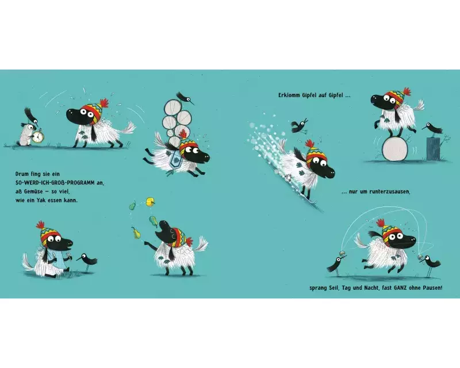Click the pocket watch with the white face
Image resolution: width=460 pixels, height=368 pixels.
[37, 137]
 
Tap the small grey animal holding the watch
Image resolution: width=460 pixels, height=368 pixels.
[25, 135]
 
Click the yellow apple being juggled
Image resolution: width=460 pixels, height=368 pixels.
[150, 202]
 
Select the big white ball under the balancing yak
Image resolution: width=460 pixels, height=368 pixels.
[394, 149]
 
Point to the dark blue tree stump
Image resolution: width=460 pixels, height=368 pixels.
[434, 148]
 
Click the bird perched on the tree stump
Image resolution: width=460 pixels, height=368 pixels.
[432, 128]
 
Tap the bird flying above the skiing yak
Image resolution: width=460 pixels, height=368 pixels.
[299, 125]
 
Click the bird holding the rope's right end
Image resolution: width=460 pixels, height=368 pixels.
[430, 263]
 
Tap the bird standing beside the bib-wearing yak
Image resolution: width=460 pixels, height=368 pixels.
[87, 260]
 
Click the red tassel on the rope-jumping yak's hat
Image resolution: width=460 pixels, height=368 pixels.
[380, 223]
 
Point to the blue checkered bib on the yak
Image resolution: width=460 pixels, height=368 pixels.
[56, 255]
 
